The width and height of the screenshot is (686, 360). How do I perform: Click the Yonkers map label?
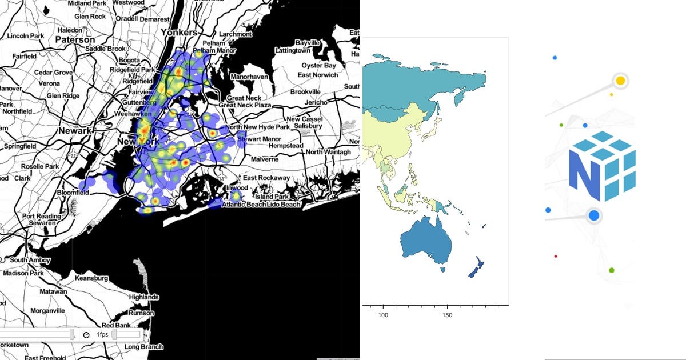180,33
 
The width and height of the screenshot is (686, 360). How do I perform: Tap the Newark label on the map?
74,131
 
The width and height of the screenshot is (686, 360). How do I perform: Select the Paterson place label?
75,40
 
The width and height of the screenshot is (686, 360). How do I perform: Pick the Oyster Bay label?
320,65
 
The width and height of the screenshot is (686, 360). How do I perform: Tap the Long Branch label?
143,347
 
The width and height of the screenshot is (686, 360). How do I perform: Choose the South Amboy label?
27,260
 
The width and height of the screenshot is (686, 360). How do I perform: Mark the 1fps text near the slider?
103,334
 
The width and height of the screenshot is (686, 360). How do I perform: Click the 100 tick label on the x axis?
384,315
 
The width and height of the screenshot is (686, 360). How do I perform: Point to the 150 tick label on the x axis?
448,315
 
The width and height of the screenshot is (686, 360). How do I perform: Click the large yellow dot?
620,81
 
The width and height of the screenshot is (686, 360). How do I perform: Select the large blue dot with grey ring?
594,215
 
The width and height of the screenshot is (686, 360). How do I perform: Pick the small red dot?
556,257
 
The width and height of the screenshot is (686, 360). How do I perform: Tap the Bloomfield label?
73,193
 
